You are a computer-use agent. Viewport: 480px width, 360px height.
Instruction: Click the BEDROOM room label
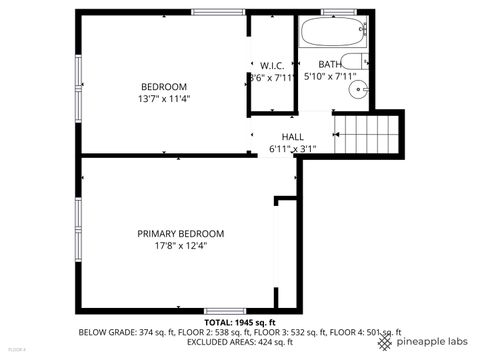[164, 86]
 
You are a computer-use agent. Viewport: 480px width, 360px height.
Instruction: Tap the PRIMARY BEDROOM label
[180, 233]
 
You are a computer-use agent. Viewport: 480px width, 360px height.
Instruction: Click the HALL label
[292, 137]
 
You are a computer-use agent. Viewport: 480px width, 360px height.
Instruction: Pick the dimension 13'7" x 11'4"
[164, 99]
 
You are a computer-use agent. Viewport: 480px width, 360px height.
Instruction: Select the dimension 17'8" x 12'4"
[180, 246]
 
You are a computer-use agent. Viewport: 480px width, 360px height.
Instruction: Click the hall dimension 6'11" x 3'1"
[292, 149]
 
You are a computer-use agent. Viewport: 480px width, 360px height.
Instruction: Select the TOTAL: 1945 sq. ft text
[239, 323]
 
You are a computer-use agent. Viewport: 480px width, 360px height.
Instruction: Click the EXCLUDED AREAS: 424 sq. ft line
[240, 341]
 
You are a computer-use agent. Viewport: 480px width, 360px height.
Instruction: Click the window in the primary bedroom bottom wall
[225, 310]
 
